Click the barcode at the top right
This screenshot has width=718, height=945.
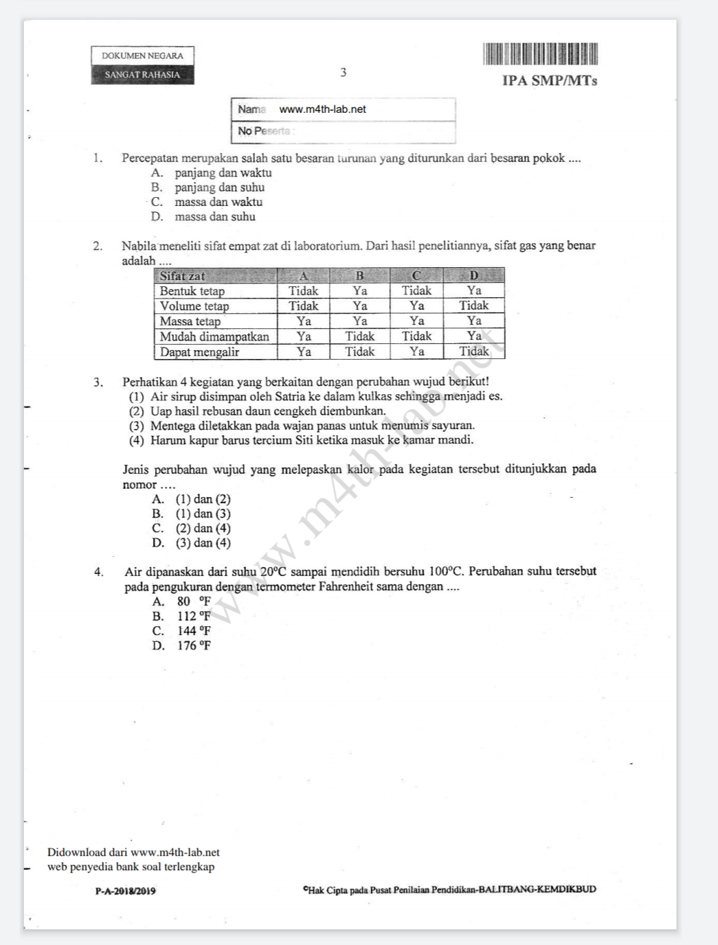pos(540,54)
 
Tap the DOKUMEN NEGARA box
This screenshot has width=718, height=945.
pos(142,56)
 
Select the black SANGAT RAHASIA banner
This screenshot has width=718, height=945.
pos(142,75)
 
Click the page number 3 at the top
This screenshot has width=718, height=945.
pos(343,72)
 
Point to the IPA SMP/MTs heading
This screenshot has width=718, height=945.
pos(549,81)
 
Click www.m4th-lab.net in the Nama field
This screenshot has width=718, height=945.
pos(322,109)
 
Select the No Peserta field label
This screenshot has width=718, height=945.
pos(264,131)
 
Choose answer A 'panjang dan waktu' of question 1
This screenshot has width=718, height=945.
pos(222,173)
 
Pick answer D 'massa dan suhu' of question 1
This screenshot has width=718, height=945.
pos(214,217)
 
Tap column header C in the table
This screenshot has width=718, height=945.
pos(416,276)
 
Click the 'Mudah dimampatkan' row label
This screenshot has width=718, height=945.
pos(214,337)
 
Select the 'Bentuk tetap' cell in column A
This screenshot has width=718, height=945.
pos(303,291)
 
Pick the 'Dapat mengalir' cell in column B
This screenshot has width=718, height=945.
pos(360,351)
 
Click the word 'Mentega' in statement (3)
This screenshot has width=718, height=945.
pos(173,426)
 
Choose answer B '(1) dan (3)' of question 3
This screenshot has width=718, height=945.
pos(203,514)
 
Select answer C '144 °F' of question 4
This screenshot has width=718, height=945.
pos(194,631)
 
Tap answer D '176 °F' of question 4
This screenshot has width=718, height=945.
pos(194,646)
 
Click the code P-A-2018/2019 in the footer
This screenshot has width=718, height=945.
pos(125,891)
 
